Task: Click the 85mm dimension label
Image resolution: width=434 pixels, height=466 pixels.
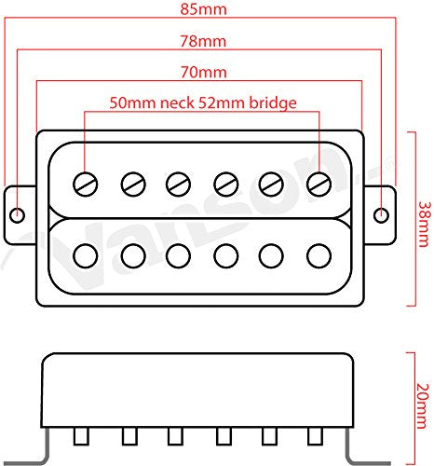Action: click(x=203, y=9)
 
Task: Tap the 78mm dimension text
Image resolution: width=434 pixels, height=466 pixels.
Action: click(x=203, y=41)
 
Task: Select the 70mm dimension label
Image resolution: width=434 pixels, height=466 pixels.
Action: click(x=204, y=72)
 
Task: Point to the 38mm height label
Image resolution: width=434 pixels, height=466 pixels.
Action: click(x=425, y=224)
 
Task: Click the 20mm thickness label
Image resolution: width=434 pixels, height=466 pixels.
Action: click(x=423, y=406)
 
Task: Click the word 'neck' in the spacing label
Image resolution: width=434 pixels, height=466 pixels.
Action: click(x=177, y=103)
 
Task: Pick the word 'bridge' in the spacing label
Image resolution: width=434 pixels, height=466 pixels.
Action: click(x=273, y=103)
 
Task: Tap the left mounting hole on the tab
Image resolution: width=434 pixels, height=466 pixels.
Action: click(x=17, y=214)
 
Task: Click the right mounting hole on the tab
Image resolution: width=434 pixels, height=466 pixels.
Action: click(x=381, y=215)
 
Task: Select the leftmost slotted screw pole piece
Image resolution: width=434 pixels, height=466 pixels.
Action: click(x=86, y=185)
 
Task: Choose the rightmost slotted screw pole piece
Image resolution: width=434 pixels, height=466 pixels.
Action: click(x=319, y=185)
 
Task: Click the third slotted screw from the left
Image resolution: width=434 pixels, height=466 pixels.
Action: click(x=178, y=185)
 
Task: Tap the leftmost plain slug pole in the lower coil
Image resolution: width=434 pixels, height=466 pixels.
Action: click(x=86, y=256)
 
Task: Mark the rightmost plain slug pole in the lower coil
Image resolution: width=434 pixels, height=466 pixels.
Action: click(x=319, y=256)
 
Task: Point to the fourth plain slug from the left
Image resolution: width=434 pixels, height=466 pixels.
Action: click(x=226, y=256)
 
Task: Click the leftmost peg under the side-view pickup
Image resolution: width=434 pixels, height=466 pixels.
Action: click(x=81, y=436)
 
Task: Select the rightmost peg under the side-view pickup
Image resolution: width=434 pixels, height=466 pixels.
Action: click(x=315, y=436)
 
